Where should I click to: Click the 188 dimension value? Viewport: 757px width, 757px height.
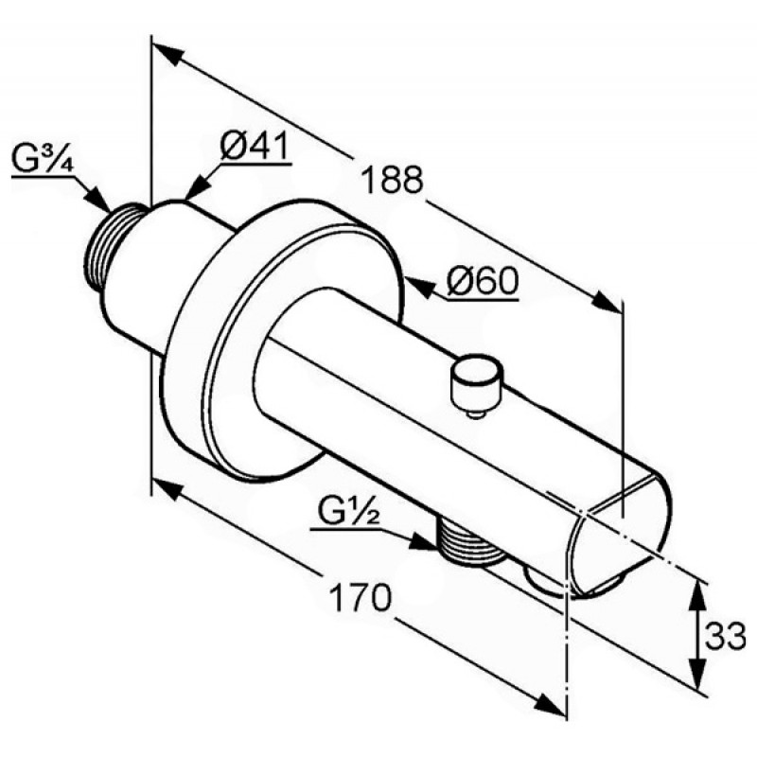[x=392, y=179]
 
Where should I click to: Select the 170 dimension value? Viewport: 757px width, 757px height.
[x=360, y=597]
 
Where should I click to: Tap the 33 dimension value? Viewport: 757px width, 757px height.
[x=725, y=635]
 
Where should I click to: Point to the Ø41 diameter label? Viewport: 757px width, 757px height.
[x=255, y=146]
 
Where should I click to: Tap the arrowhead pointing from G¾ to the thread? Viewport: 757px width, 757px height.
[x=98, y=200]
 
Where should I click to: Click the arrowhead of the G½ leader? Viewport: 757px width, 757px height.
[x=423, y=540]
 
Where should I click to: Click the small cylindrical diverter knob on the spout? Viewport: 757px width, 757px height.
[x=476, y=380]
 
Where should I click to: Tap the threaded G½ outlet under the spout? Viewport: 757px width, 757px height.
[x=467, y=541]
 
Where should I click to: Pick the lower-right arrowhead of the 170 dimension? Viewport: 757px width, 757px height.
[x=550, y=703]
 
